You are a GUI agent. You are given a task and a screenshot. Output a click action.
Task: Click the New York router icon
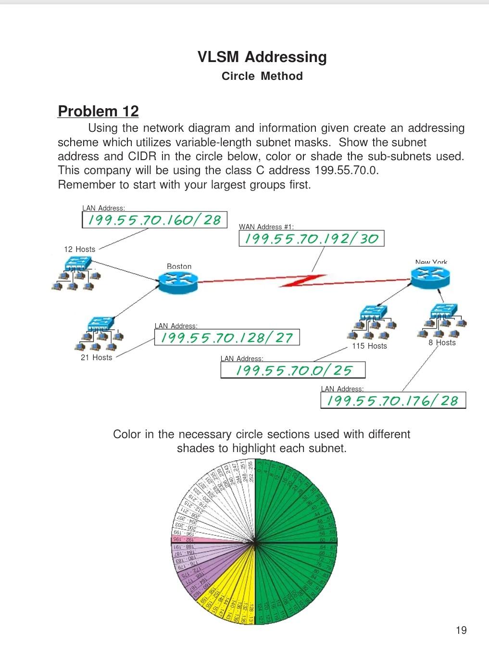tap(430, 276)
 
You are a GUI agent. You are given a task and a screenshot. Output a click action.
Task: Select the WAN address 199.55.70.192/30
tap(311, 239)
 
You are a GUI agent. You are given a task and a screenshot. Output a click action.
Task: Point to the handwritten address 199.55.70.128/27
tap(226, 338)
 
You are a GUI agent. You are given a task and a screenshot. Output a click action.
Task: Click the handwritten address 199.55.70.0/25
tap(293, 370)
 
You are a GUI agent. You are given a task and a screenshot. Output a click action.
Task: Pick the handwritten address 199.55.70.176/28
tap(392, 401)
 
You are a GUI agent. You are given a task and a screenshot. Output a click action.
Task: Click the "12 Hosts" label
tap(80, 249)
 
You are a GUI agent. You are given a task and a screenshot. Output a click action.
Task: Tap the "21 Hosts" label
tap(96, 357)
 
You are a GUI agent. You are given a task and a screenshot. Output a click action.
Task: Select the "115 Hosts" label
tap(369, 346)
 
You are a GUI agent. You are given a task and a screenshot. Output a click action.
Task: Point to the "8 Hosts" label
tap(442, 342)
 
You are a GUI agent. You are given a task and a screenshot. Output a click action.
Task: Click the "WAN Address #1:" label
tap(266, 227)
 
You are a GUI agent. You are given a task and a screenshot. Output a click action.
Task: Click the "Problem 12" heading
tap(98, 111)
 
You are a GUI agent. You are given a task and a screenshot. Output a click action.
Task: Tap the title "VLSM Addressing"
tap(262, 57)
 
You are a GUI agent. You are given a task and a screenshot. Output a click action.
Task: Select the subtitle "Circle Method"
tap(262, 76)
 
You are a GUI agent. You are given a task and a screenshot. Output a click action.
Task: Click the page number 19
tap(461, 630)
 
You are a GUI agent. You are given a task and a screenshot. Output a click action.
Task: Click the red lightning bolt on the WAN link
tap(303, 280)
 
